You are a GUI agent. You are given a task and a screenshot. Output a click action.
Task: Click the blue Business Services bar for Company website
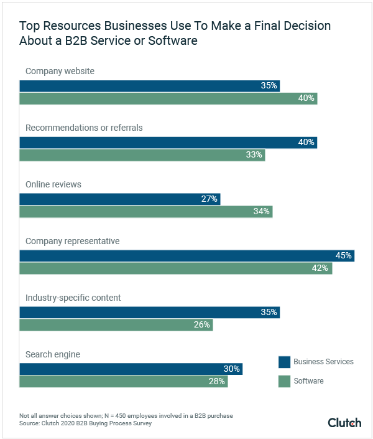(x=149, y=85)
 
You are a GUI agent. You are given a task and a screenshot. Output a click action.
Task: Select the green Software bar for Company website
(x=168, y=98)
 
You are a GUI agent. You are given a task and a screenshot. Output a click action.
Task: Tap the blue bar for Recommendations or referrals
(x=168, y=143)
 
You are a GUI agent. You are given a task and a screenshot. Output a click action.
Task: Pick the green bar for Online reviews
(x=145, y=212)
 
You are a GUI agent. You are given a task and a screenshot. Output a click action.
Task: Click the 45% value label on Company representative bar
(x=344, y=255)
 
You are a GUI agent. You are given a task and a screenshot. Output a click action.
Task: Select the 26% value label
(x=202, y=325)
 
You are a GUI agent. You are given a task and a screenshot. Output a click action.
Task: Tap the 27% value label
(x=210, y=199)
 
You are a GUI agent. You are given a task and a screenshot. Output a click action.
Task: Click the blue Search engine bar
(x=131, y=369)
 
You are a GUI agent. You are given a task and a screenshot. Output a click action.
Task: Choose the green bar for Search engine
(x=123, y=382)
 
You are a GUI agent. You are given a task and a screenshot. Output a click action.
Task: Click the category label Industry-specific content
(x=73, y=298)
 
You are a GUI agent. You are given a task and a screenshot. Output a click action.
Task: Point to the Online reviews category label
(x=53, y=184)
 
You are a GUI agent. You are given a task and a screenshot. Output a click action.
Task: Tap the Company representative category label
(x=72, y=241)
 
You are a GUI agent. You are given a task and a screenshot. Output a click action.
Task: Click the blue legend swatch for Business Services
(x=284, y=362)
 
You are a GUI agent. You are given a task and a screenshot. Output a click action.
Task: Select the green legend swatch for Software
(x=284, y=380)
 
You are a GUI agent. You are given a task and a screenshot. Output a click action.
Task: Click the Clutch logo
(x=344, y=423)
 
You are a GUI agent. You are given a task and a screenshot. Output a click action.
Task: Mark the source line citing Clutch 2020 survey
(x=85, y=423)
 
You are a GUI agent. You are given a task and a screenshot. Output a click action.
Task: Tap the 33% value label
(x=254, y=155)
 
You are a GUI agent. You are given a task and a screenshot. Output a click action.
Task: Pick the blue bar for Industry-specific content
(x=149, y=312)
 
